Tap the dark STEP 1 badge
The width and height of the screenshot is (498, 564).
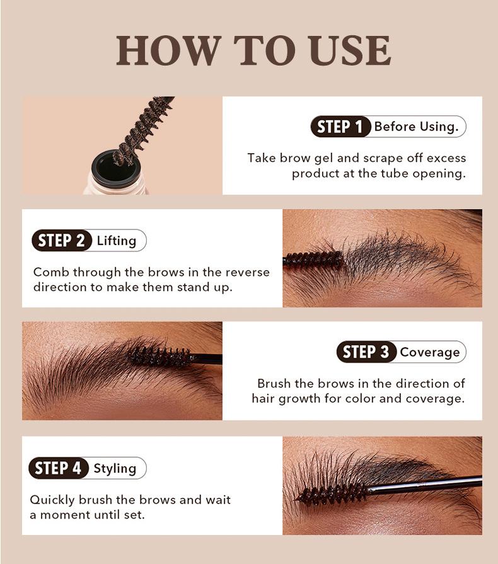coord(340,127)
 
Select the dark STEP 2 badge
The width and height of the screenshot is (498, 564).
coord(61,241)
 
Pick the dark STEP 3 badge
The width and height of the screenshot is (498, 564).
coord(366,352)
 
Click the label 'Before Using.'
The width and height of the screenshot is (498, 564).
coord(416,127)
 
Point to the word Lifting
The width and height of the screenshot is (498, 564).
coord(117,241)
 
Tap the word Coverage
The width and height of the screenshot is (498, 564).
coord(430,352)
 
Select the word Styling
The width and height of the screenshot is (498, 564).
coord(115,468)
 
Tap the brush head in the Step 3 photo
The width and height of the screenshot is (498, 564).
coord(158,357)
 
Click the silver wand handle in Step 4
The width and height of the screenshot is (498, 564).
coord(429,484)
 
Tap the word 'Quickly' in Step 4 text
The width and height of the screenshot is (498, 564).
coord(52,500)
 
